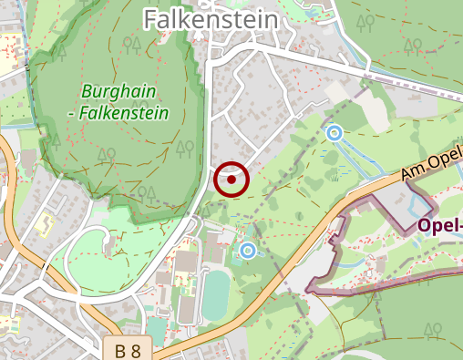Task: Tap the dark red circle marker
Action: click(x=231, y=180)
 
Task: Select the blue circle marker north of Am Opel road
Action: click(x=334, y=133)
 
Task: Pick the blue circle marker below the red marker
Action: click(x=247, y=250)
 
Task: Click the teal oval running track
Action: click(x=216, y=295)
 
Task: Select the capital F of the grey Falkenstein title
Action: click(x=151, y=18)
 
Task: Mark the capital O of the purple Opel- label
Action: click(x=426, y=225)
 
